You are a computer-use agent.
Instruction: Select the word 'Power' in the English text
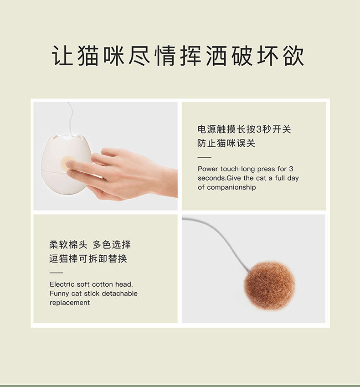tap(208, 169)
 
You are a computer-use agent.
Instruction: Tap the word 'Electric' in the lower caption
tap(62, 284)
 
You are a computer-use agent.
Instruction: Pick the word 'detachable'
tap(119, 294)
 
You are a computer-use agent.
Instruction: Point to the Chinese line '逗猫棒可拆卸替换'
tap(88, 259)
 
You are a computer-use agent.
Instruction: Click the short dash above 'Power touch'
tap(205, 157)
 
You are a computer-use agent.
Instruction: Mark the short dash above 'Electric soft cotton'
tap(57, 273)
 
